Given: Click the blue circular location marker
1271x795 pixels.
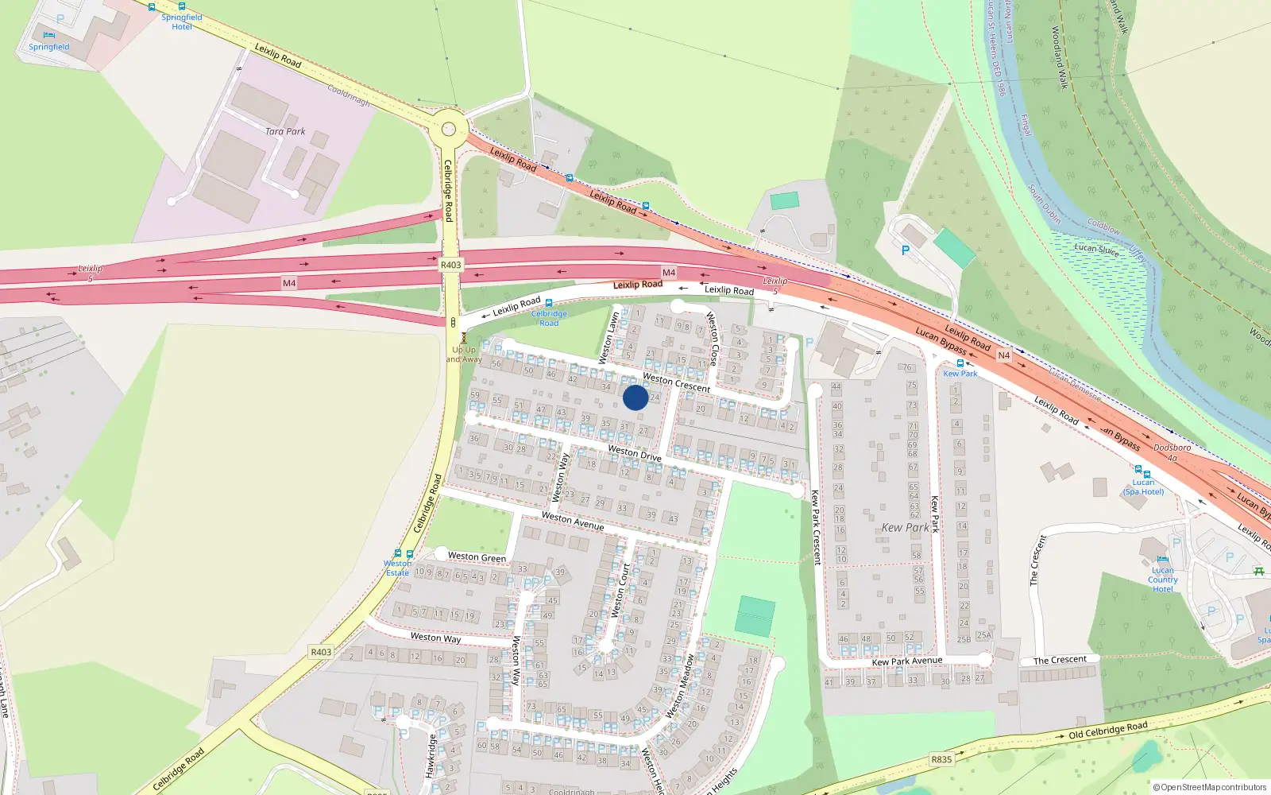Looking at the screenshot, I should [635, 397].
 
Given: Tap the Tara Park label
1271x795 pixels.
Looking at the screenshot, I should [285, 132].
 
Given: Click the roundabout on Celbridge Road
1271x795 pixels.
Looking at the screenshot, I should [449, 128].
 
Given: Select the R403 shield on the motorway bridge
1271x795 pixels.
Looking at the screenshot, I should [450, 265].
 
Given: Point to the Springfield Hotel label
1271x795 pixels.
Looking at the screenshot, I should [182, 22].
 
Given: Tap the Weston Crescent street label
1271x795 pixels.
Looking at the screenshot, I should [676, 382].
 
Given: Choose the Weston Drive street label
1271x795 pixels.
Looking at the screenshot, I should [635, 453].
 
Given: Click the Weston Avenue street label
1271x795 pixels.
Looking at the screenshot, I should [572, 522].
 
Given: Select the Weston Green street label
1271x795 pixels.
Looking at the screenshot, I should [477, 557].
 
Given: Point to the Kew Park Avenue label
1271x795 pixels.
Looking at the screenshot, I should [907, 661].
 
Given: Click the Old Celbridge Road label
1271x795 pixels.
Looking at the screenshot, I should [1107, 730].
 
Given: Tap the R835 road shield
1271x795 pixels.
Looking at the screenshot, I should [941, 759].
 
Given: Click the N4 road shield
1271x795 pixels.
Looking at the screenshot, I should [1003, 355].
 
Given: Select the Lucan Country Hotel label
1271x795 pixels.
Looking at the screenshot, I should [1163, 580].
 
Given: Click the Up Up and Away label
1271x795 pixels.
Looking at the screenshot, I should [464, 355].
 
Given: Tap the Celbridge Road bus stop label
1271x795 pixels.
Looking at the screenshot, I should [549, 318].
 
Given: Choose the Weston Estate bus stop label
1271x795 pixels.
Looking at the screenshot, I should [397, 568].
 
